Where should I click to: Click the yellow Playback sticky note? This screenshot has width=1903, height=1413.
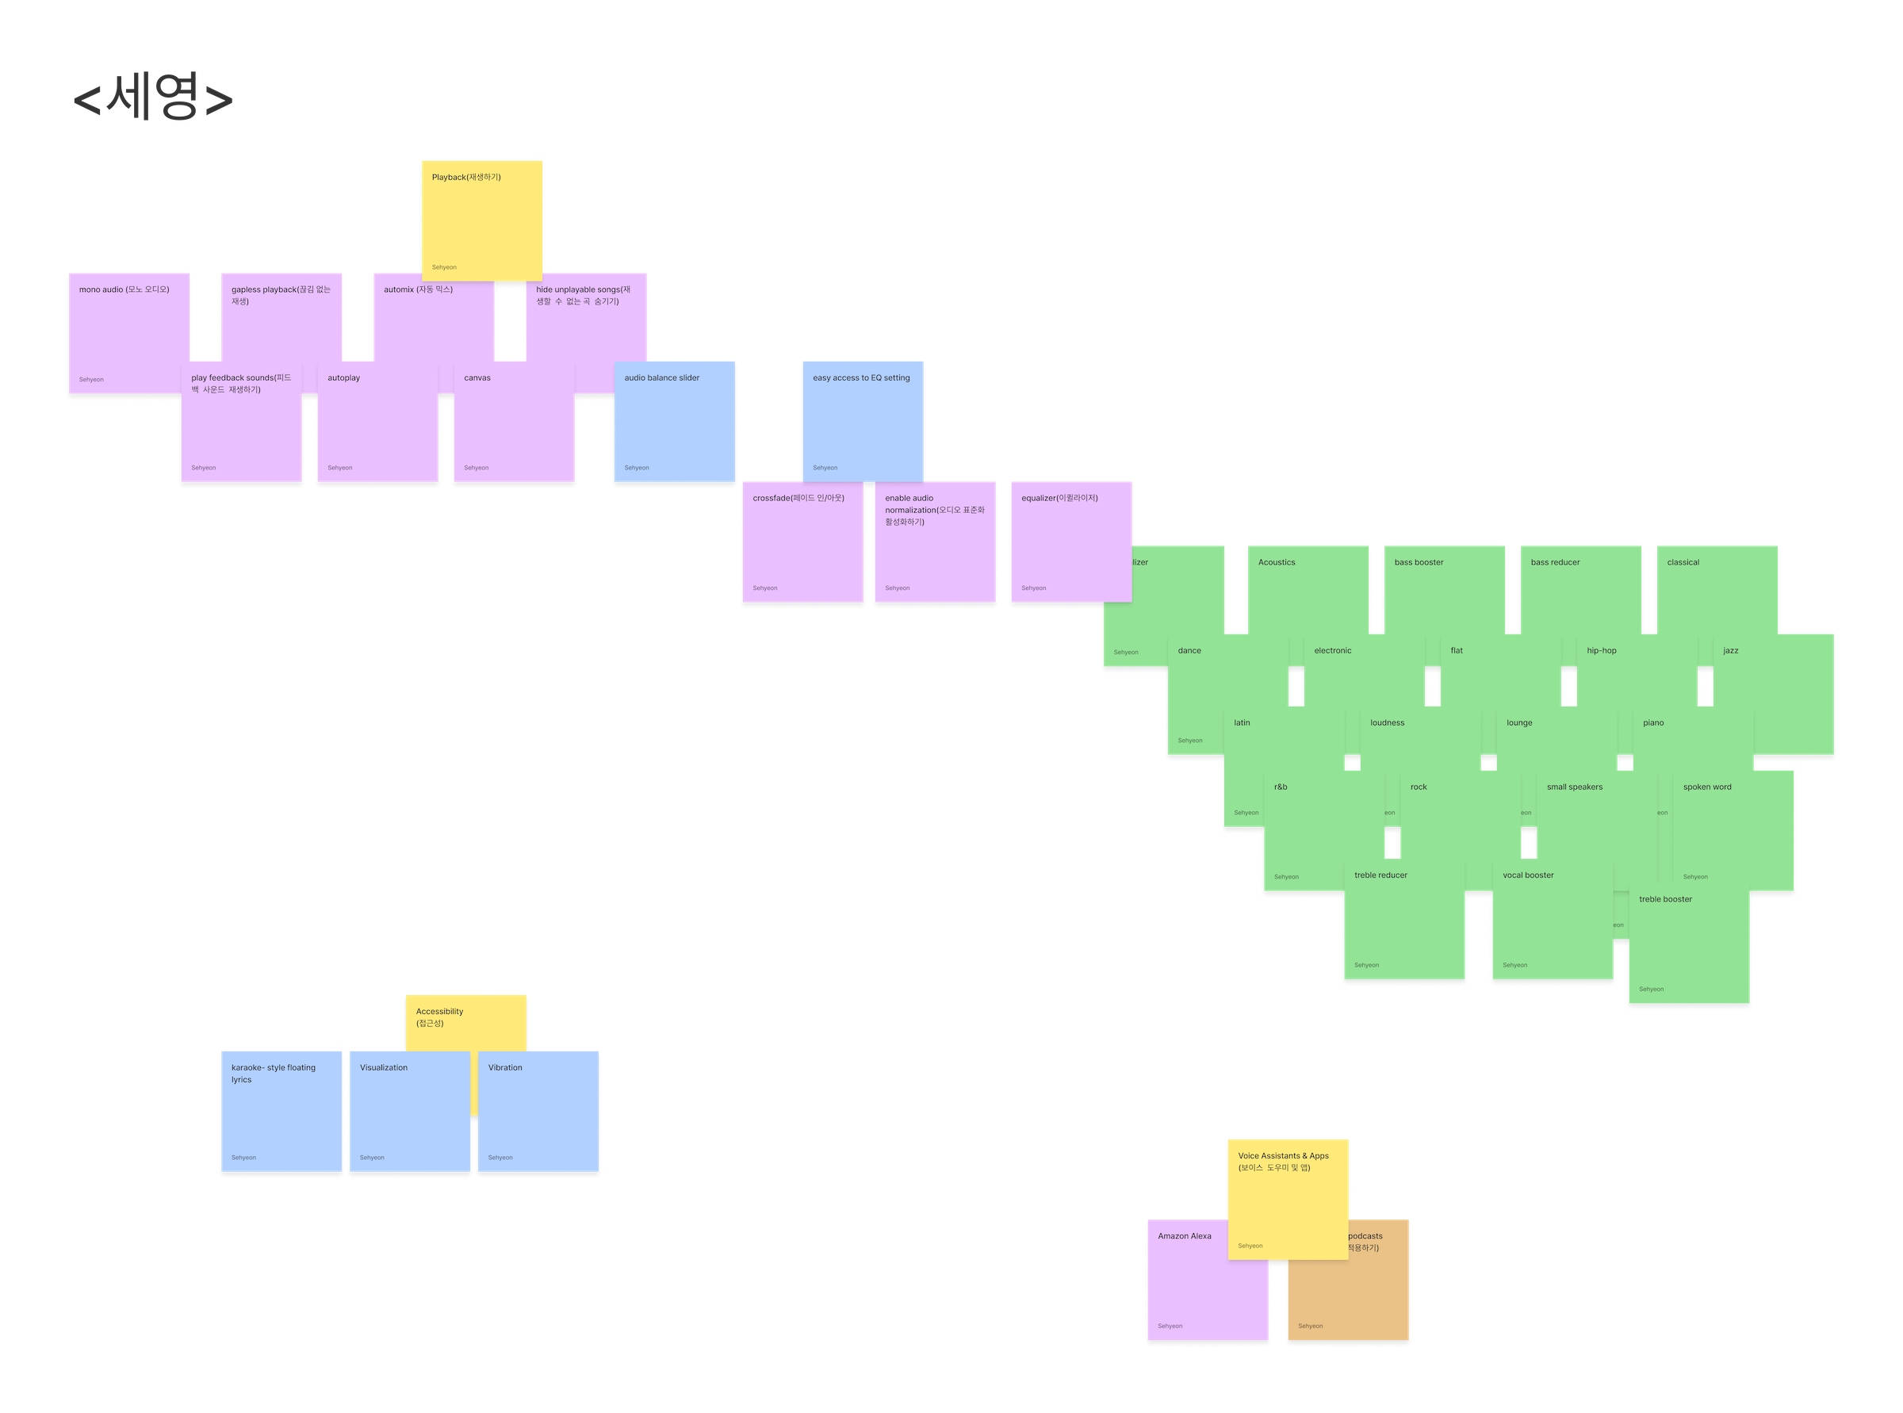click(x=481, y=218)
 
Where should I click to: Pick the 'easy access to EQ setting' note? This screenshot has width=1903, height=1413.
click(x=862, y=419)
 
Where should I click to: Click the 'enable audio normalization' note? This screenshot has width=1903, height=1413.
click(x=935, y=547)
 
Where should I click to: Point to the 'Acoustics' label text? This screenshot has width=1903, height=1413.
click(x=1276, y=563)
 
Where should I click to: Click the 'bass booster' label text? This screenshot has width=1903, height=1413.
click(x=1418, y=563)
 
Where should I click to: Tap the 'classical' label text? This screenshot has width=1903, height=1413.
click(x=1683, y=563)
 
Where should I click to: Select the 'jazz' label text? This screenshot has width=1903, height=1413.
click(x=1730, y=651)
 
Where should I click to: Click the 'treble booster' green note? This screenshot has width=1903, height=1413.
click(x=1689, y=949)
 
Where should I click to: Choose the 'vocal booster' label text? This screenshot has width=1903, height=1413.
click(x=1527, y=876)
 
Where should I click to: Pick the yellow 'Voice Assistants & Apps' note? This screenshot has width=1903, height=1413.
click(x=1288, y=1197)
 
